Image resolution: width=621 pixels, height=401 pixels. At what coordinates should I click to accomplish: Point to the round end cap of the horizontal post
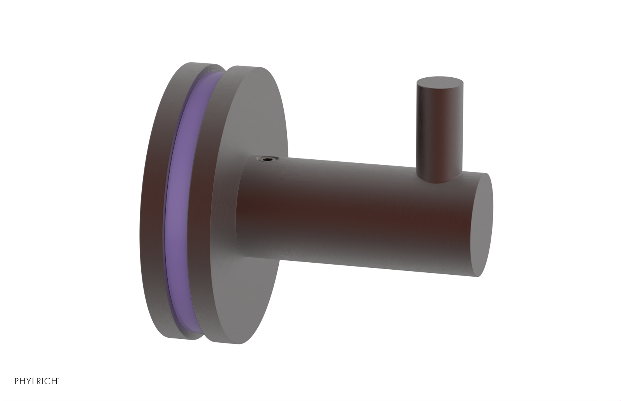tap(483, 225)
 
